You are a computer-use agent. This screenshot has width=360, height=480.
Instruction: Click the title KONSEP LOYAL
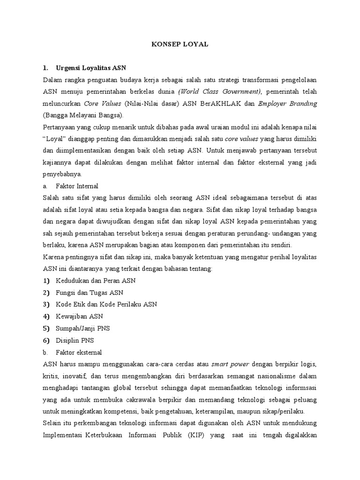pyautogui.click(x=180, y=44)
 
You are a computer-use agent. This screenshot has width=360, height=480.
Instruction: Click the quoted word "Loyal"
pyautogui.click(x=55, y=139)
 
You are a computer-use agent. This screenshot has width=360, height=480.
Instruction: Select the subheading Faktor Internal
pyautogui.click(x=77, y=186)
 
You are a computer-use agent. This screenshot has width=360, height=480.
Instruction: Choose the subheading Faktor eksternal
pyautogui.click(x=79, y=352)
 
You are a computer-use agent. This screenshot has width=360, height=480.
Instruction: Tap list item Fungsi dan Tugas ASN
pyautogui.click(x=90, y=292)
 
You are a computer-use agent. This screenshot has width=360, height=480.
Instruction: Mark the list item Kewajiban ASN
pyautogui.click(x=79, y=316)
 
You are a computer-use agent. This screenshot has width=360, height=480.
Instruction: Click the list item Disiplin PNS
pyautogui.click(x=75, y=340)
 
